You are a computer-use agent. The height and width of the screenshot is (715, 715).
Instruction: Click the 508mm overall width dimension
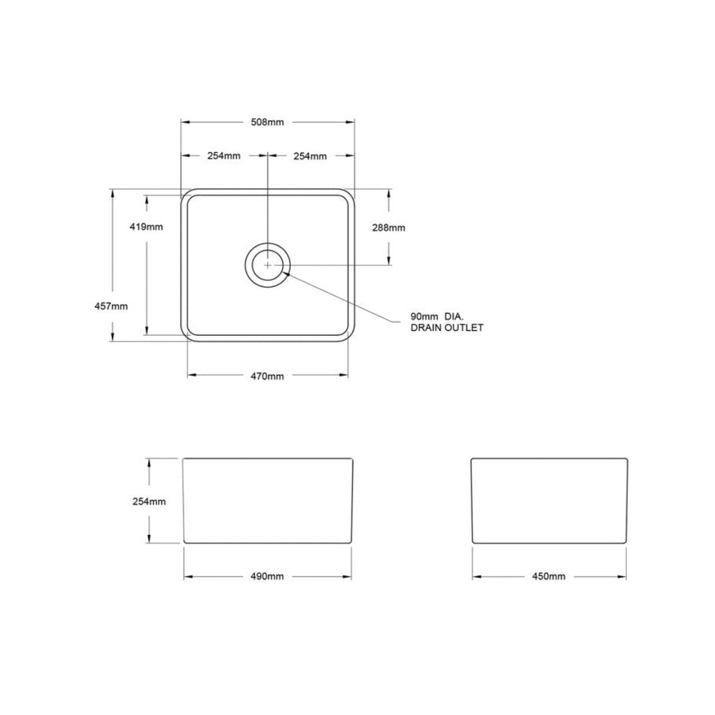[267, 121]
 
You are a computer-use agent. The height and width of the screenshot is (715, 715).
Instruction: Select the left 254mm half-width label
[223, 156]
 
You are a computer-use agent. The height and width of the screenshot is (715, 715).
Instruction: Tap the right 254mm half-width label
[310, 156]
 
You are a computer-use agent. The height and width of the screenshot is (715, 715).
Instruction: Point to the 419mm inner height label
[147, 227]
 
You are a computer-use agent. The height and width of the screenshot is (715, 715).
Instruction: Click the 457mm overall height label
[111, 306]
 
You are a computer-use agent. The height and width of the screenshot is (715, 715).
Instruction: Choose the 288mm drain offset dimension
[388, 228]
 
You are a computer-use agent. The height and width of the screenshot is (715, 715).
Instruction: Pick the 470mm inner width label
[267, 376]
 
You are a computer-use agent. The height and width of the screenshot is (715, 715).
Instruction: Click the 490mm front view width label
[267, 576]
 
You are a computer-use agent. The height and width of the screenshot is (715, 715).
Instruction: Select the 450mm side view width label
[549, 576]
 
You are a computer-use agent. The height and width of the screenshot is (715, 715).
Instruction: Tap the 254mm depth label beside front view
[148, 501]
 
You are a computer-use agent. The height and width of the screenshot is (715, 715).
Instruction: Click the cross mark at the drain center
[267, 265]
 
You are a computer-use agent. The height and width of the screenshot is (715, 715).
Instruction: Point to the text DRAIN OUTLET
[447, 327]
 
